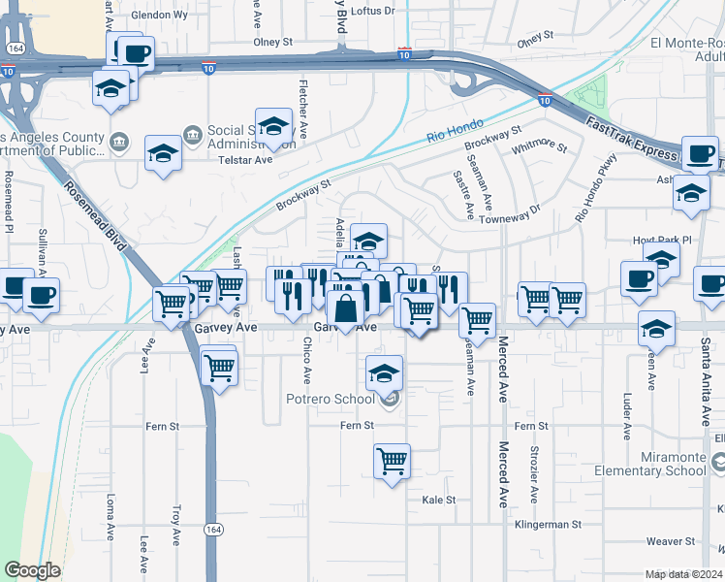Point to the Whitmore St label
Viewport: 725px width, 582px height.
pyautogui.click(x=541, y=145)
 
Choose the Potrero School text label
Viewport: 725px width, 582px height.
pyautogui.click(x=330, y=400)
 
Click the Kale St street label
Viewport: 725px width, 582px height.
pyautogui.click(x=438, y=501)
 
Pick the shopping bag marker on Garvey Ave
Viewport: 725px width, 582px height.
pyautogui.click(x=345, y=309)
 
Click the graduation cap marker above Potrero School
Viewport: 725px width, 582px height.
pyautogui.click(x=385, y=373)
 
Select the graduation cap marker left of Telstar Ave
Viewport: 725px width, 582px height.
pyautogui.click(x=163, y=153)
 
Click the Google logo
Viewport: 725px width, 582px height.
pyautogui.click(x=32, y=570)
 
